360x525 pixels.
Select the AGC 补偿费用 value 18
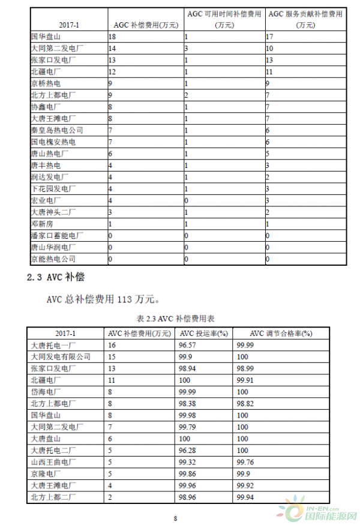coord(112,37)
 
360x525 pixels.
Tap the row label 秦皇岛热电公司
coord(56,130)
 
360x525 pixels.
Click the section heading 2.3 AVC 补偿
coord(58,277)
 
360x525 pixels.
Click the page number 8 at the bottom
coord(176,519)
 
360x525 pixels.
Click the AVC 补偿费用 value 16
coord(112,346)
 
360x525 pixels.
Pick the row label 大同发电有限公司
coord(60,357)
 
